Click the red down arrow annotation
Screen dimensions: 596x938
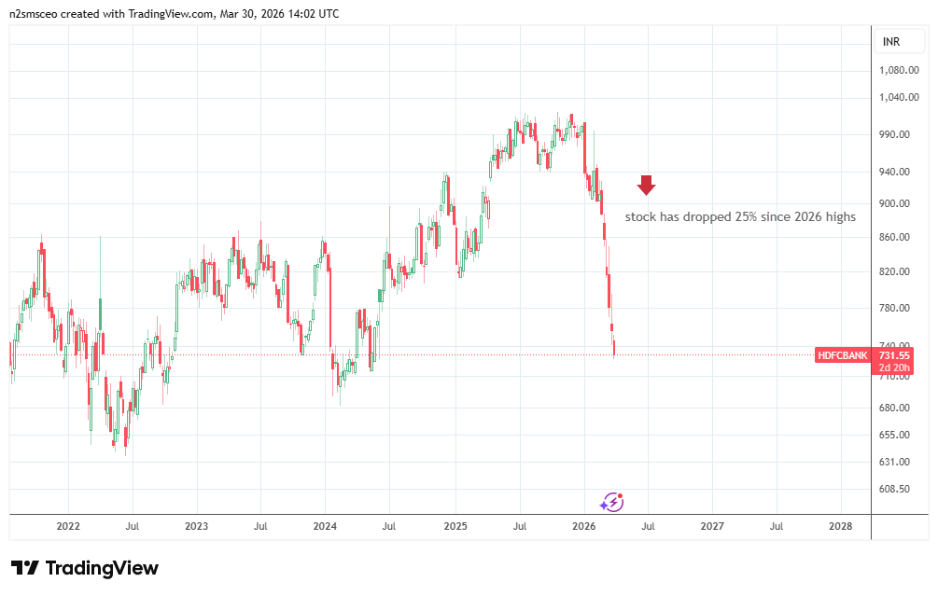646,185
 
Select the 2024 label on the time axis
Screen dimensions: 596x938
325,526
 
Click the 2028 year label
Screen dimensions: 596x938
840,526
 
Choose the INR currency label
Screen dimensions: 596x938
891,42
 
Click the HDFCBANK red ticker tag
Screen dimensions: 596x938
843,355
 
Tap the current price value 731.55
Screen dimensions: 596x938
894,355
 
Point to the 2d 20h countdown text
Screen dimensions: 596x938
894,367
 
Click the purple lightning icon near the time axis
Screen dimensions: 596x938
611,502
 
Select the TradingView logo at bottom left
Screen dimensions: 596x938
84,568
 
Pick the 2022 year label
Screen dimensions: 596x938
68,526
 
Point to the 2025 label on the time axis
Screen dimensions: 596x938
454,526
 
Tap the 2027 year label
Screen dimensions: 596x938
711,526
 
